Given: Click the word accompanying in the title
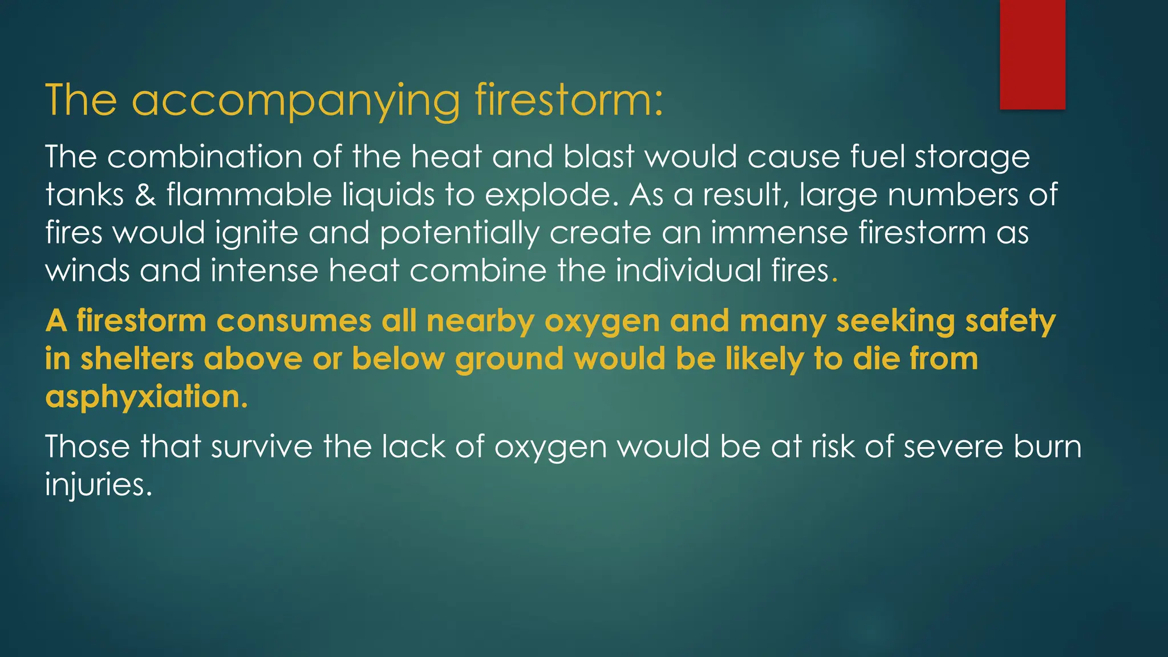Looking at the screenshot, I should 295,101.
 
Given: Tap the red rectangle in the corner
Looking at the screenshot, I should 1032,54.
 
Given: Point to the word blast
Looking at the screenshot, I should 599,157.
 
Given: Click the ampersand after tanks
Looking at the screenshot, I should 145,195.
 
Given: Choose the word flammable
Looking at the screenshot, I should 249,195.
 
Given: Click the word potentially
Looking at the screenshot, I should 459,233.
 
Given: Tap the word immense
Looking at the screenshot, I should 779,233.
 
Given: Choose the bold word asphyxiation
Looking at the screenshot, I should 146,397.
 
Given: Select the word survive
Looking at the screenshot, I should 262,446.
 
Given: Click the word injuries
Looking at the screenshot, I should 98,485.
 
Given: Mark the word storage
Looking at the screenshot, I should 972,158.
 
